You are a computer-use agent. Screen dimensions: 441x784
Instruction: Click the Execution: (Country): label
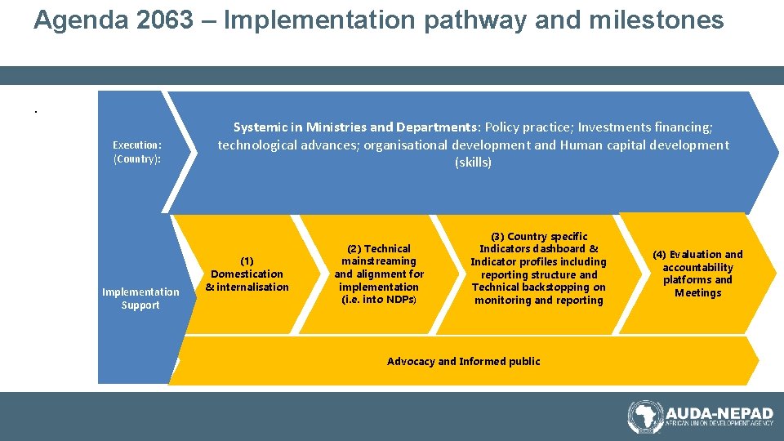pyautogui.click(x=137, y=152)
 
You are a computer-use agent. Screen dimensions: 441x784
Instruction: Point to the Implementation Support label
pyautogui.click(x=140, y=298)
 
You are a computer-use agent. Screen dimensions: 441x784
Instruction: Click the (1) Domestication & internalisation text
pyautogui.click(x=247, y=274)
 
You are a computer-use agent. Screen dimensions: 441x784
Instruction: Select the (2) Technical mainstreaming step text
pyautogui.click(x=379, y=274)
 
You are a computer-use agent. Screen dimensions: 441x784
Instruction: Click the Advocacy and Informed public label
pyautogui.click(x=463, y=361)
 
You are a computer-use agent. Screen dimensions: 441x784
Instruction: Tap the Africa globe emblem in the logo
pyautogui.click(x=645, y=416)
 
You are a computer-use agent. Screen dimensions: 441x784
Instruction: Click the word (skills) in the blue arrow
pyautogui.click(x=473, y=163)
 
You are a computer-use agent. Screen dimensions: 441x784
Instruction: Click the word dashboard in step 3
pyautogui.click(x=559, y=248)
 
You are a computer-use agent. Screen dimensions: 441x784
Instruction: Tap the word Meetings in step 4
pyautogui.click(x=697, y=292)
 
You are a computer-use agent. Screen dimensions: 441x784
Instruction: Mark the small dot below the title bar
pyautogui.click(x=36, y=111)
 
